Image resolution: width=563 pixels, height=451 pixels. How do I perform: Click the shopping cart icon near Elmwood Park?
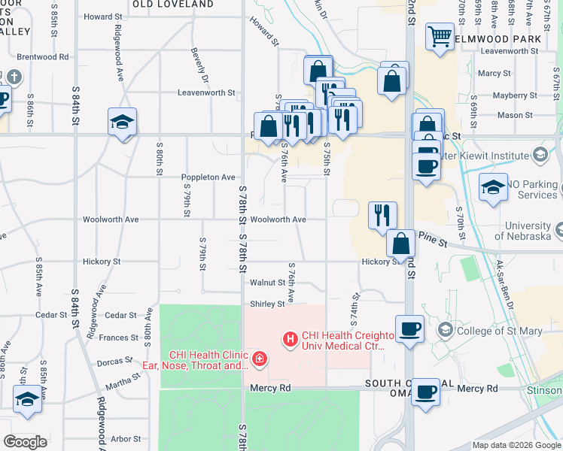[x=440, y=36]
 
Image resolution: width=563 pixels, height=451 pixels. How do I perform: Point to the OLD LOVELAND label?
[x=173, y=5]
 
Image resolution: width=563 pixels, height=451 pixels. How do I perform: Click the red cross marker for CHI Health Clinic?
[x=260, y=360]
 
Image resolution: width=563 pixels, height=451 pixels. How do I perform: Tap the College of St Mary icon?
[x=446, y=330]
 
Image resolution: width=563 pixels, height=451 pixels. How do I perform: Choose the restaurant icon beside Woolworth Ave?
[x=382, y=215]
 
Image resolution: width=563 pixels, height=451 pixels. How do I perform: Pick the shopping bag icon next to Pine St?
[x=401, y=243]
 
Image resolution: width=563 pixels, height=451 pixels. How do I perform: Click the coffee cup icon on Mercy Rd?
[x=425, y=392]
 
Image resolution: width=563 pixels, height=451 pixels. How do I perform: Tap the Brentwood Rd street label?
[x=43, y=56]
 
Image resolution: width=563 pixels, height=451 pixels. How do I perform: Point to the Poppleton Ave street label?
[x=208, y=177]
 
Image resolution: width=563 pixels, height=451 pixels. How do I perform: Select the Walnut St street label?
[x=268, y=283]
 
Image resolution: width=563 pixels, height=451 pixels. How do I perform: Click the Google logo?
[x=25, y=442]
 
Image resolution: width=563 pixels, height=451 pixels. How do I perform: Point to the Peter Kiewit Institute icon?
[x=539, y=155]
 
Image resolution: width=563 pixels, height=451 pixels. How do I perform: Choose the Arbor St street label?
[x=126, y=439]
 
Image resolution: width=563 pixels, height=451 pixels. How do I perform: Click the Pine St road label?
[x=433, y=242]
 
